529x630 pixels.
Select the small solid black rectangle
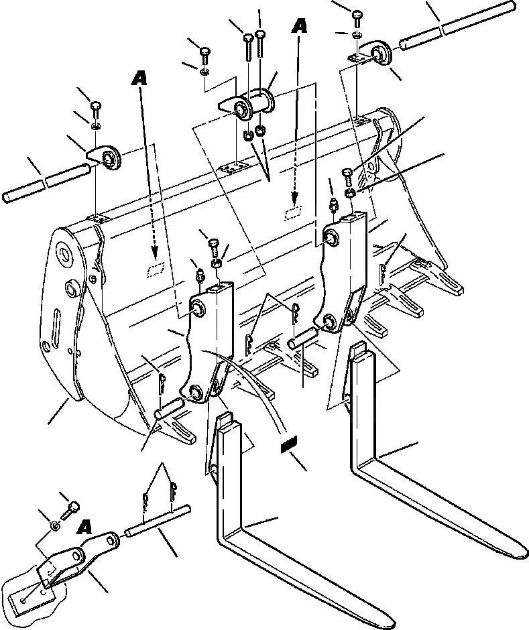tap(290, 444)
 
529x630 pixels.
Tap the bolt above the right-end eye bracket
tap(357, 14)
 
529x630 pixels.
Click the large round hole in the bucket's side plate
tap(64, 253)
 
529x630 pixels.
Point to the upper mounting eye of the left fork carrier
tap(200, 307)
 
